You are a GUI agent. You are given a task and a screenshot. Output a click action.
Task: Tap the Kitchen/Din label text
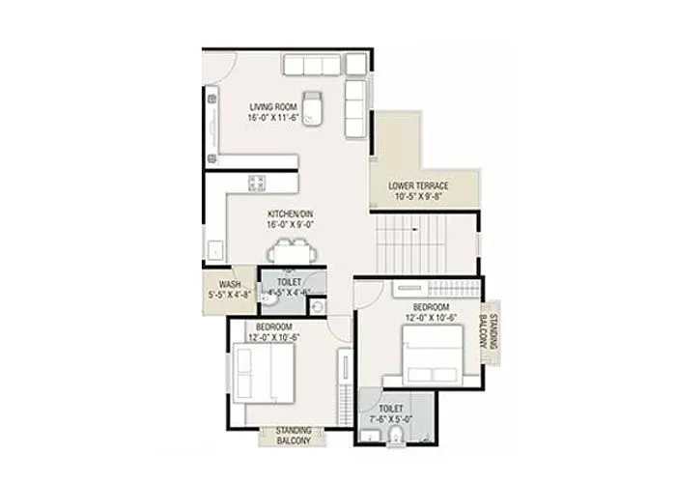pos(291,214)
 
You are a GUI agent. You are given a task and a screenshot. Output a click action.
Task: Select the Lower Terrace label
pos(418,185)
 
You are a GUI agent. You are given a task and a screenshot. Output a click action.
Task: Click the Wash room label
pos(229,285)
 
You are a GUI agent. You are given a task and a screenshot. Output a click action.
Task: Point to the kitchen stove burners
pos(258,183)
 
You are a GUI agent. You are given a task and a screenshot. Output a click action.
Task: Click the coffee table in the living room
pos(312,107)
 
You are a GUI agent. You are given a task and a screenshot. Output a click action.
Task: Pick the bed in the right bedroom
pos(424,355)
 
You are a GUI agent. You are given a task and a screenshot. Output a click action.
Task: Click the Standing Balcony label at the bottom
pos(294,436)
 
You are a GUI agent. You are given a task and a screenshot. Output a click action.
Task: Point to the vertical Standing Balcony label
pos(493,330)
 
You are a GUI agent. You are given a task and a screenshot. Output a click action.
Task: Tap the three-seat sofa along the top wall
pos(314,65)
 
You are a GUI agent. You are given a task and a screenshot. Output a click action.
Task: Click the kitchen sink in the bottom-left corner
pos(213,251)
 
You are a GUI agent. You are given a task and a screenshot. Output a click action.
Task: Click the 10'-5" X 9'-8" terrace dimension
pos(418,195)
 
